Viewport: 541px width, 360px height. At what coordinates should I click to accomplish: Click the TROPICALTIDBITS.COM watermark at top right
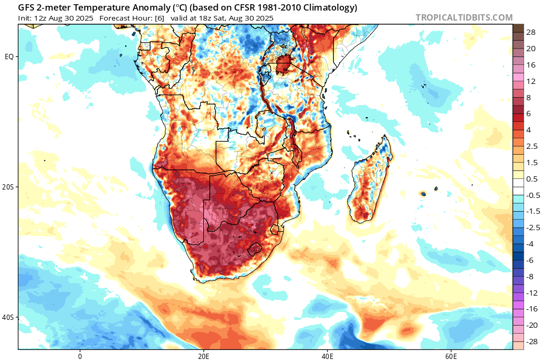coord(464,17)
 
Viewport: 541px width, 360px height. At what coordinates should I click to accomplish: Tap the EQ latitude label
coord(9,56)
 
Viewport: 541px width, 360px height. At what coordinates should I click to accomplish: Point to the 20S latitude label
coord(9,187)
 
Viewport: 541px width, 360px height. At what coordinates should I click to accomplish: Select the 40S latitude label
coord(9,317)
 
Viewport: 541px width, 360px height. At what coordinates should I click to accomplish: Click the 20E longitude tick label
coord(203,355)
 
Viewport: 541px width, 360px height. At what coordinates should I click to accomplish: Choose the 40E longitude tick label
coord(327,355)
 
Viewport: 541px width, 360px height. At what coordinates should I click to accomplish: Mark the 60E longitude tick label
coord(451,355)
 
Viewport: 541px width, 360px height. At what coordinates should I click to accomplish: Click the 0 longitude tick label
coord(80,355)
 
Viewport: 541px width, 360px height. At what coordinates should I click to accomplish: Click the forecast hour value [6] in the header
coord(159,18)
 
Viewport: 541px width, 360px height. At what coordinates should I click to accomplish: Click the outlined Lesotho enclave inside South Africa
coord(256,249)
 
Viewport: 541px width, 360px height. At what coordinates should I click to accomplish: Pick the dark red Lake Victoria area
coord(282,67)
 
